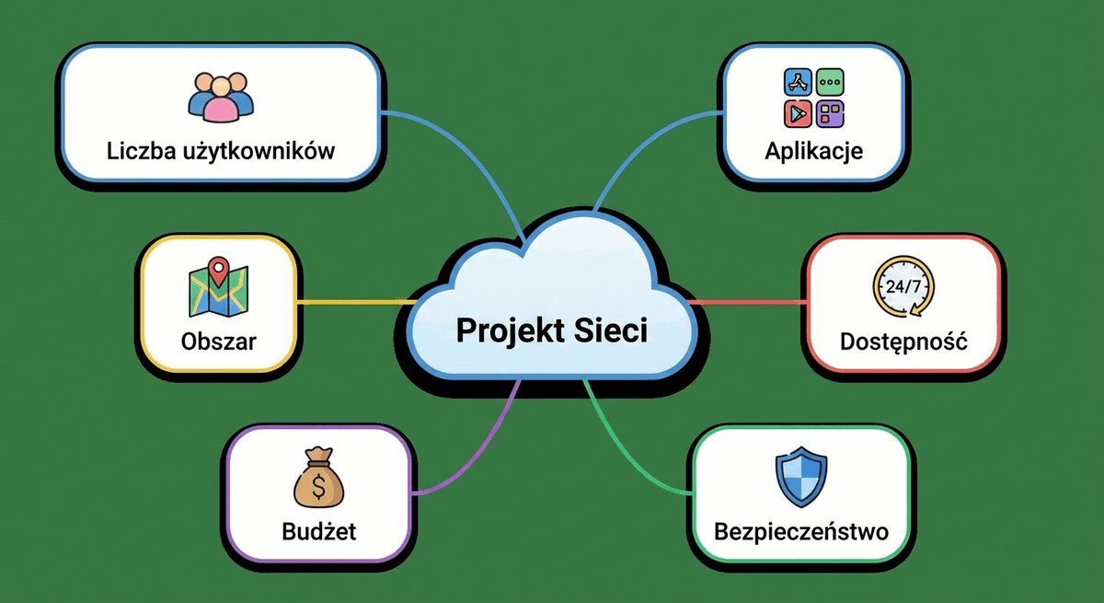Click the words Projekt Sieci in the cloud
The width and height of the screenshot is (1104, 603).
click(x=551, y=330)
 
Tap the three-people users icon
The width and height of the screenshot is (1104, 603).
click(x=221, y=98)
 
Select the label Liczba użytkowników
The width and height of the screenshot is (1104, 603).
click(x=221, y=151)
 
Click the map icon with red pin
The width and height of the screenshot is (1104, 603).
click(x=218, y=286)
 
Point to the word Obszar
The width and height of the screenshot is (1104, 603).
click(x=218, y=342)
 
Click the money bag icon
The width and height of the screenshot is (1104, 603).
click(x=319, y=477)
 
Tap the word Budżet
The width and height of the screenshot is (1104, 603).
click(x=319, y=531)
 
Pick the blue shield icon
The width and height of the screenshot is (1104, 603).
click(x=801, y=477)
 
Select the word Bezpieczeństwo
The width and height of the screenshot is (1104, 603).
click(x=801, y=532)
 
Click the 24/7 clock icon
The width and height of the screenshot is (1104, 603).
click(x=903, y=286)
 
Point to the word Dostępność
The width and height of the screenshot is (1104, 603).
click(x=903, y=342)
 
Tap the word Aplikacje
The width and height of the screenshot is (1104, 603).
click(x=813, y=151)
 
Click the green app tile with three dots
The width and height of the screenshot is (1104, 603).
click(x=830, y=82)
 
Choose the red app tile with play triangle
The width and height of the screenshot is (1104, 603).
click(x=798, y=114)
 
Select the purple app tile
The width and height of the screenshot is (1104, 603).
click(x=830, y=114)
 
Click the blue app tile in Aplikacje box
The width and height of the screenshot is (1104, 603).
click(x=798, y=82)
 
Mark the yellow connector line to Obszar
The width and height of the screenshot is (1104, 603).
click(x=356, y=302)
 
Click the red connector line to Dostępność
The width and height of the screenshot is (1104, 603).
click(x=748, y=302)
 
